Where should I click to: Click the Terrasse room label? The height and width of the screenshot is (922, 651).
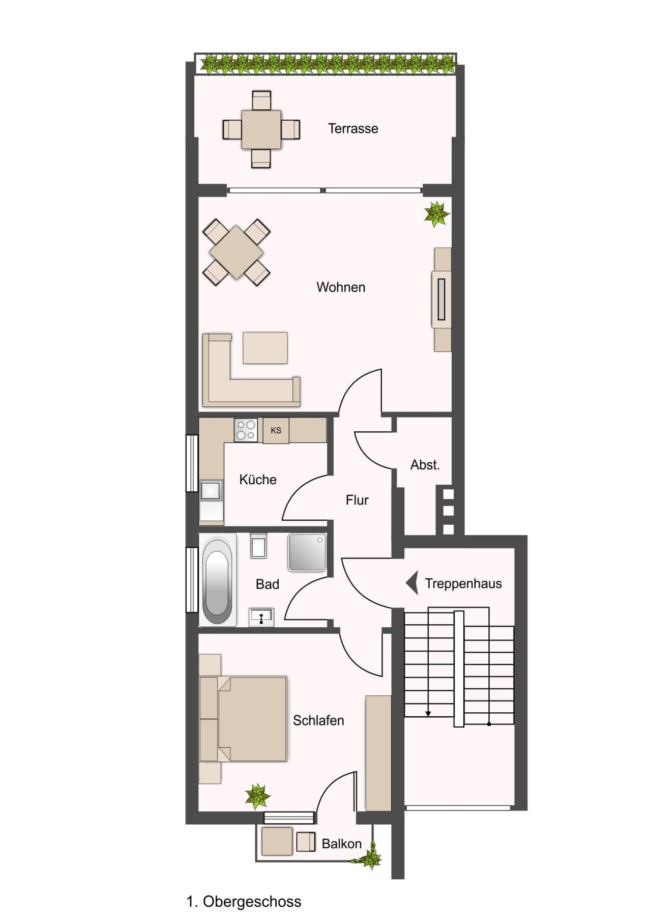353,128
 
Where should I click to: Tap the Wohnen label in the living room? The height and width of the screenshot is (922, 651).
341,287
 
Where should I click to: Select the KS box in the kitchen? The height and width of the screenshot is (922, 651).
276,431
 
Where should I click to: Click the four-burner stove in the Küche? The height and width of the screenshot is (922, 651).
246,430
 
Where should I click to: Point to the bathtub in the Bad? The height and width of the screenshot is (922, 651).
218,579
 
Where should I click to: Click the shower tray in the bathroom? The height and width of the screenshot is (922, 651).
307,552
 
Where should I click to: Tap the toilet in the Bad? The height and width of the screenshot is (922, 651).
258,545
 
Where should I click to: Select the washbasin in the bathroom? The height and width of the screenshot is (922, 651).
261,617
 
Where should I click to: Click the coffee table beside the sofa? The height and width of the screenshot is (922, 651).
265,348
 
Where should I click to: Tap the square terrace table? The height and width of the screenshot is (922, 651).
261,129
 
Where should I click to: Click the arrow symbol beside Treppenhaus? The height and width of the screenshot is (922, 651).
412,583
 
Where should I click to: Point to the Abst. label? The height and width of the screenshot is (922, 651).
425,465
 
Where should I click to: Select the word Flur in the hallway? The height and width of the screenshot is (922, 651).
357,500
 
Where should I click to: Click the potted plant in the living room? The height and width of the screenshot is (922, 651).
437,213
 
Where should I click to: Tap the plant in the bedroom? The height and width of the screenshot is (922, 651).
257,796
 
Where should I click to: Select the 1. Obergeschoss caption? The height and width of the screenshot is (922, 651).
244,902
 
